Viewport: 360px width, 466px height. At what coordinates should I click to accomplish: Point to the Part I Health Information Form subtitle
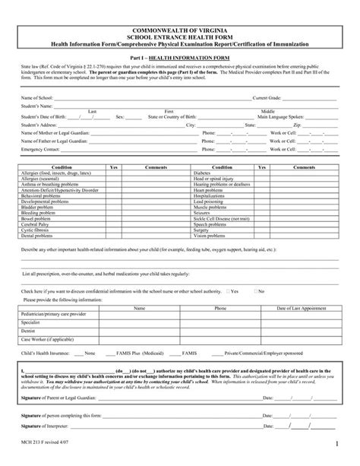(x=180, y=57)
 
